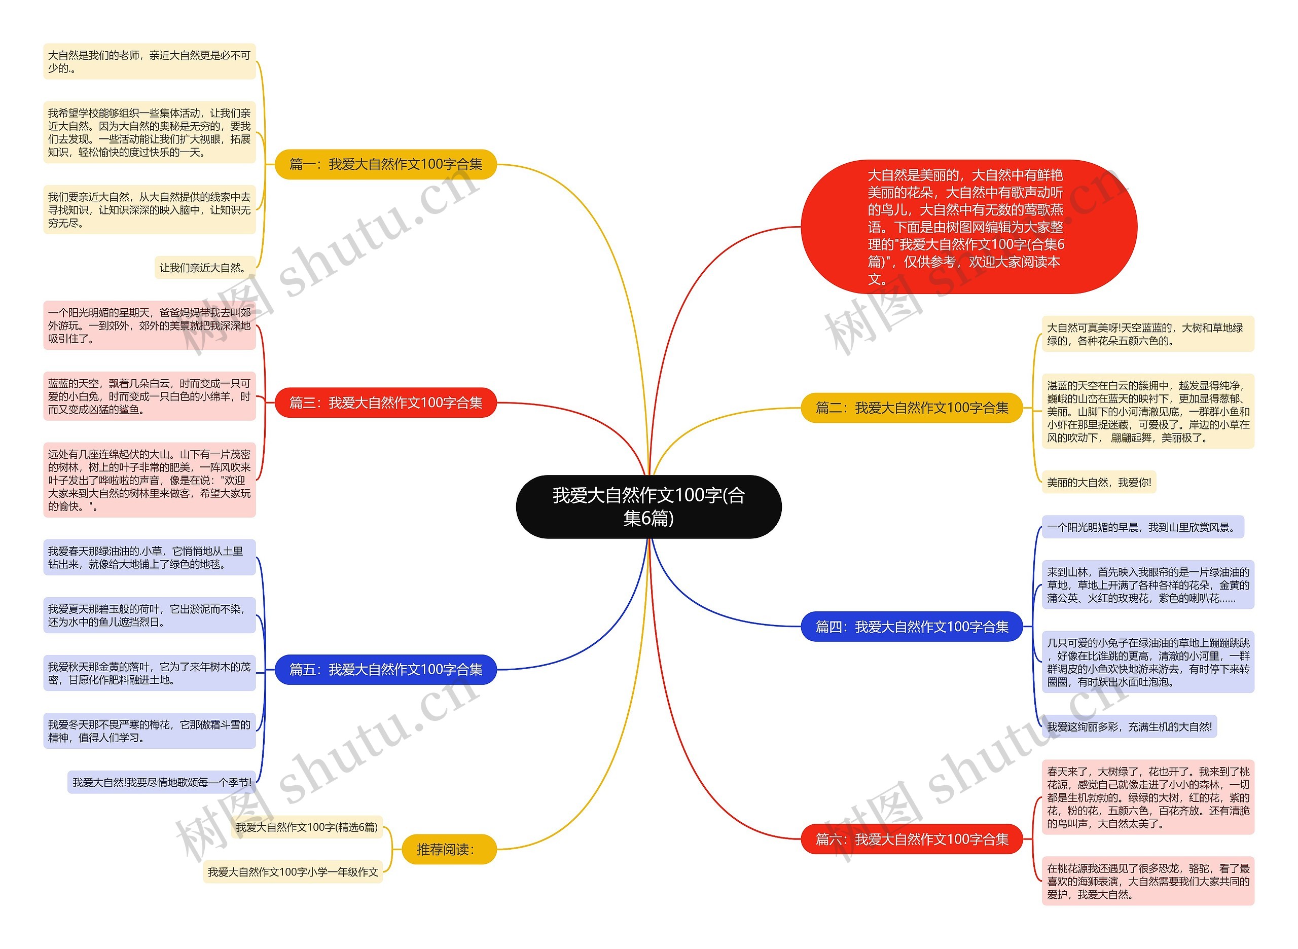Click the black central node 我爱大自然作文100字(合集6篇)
click(648, 506)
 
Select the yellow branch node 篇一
click(385, 164)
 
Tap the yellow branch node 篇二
click(911, 408)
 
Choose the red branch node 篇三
click(385, 403)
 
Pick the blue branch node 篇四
click(911, 627)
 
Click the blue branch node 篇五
click(385, 669)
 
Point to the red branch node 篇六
click(911, 839)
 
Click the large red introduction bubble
click(968, 227)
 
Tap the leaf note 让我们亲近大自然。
click(204, 268)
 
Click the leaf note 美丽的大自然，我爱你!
click(1098, 482)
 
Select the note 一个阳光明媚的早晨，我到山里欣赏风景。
click(1142, 527)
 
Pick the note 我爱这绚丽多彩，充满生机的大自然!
click(1129, 726)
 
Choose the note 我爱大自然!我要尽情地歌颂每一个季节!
click(162, 782)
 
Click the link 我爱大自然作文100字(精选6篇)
click(307, 827)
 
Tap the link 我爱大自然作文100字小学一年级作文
click(293, 872)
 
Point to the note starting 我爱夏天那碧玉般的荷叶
click(149, 615)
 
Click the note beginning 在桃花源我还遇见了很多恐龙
click(1147, 881)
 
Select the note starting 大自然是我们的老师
click(149, 61)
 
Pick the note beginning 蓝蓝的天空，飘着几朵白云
click(149, 396)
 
